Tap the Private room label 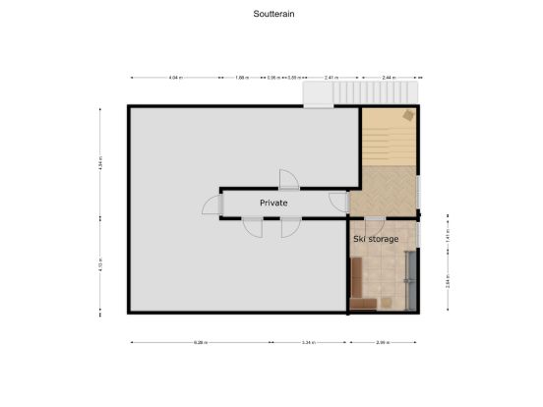(273, 203)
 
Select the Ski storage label (376, 239)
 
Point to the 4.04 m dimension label (175, 77)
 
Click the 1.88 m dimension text (242, 77)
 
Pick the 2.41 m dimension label (332, 77)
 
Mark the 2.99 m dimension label (383, 342)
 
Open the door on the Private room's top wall (287, 180)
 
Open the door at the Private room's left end (212, 203)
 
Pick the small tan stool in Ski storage (388, 301)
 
